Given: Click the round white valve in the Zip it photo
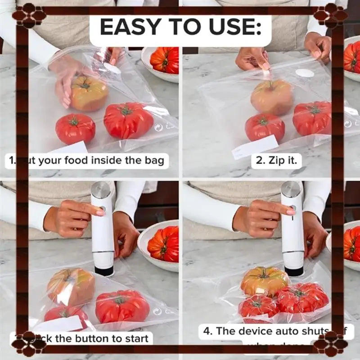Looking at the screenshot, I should point(304,72).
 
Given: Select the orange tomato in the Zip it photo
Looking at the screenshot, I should point(272,97).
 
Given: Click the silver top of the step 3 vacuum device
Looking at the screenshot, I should point(100,189).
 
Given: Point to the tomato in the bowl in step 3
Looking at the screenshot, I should point(163,244).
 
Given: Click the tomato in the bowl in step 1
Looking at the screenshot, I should point(165,60).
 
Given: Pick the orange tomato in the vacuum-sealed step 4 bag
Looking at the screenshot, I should point(265,280).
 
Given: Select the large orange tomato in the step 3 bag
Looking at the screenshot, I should point(71,287).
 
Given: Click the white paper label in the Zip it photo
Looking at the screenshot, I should point(255,147).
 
